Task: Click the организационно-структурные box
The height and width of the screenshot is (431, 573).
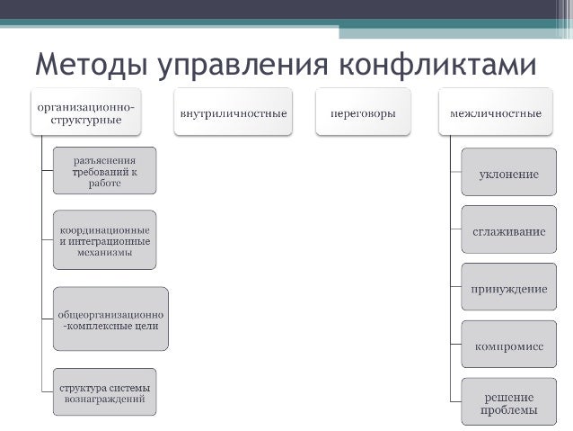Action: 85,112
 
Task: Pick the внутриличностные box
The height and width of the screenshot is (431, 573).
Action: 234,113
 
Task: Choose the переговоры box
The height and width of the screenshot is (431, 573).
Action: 363,113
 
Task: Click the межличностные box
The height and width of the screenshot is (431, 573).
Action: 495,113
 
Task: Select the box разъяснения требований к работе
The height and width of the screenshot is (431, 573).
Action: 104,171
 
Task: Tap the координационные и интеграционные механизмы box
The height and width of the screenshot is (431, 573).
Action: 104,240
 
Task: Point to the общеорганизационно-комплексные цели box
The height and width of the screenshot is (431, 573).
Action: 110,319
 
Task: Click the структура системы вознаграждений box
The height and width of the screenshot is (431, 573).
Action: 104,392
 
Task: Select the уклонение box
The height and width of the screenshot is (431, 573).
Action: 508,174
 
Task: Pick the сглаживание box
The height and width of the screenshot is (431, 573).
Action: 508,231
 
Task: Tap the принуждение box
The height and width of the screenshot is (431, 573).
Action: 508,290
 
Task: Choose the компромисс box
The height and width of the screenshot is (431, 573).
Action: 508,345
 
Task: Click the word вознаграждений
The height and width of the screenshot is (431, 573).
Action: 104,399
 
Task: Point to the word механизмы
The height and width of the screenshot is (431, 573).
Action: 104,252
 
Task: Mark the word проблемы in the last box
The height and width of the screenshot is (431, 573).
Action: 508,411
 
